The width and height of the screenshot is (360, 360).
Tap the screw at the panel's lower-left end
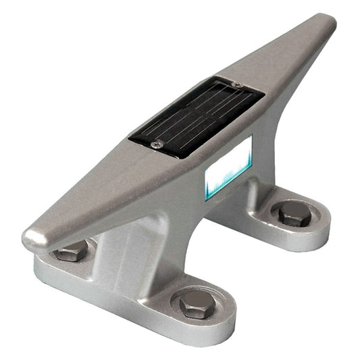point(157,143)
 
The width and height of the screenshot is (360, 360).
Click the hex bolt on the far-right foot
point(295,213)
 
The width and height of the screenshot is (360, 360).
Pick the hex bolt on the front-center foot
point(197,305)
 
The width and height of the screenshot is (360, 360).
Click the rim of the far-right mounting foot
point(321,233)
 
